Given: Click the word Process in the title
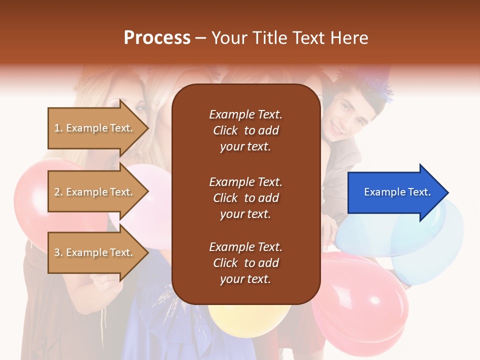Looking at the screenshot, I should point(157,37).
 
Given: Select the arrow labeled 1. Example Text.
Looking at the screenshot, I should point(95,128).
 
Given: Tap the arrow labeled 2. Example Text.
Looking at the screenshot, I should point(95,192).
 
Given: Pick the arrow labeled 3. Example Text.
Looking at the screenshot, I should point(95,252).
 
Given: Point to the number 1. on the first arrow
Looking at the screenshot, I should point(58,128).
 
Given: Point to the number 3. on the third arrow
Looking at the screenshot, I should point(58,252).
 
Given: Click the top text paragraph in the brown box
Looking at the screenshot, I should point(245,130).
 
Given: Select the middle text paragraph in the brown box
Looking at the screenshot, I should point(245,198).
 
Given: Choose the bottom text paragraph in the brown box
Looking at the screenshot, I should point(245,263).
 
